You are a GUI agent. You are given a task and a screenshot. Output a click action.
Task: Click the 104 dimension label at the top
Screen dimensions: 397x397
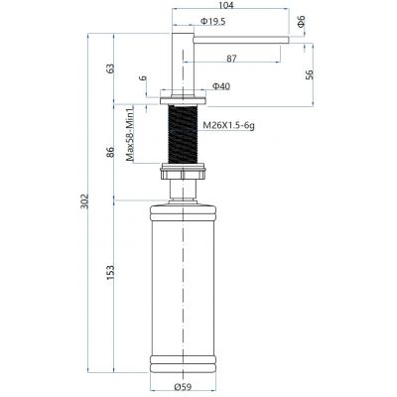226,5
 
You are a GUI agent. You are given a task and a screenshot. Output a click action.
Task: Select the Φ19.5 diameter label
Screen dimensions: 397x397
213,22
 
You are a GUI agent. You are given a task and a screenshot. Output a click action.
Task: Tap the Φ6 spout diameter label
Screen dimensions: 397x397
302,21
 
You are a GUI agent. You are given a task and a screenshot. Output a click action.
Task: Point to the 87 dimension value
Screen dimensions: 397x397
231,59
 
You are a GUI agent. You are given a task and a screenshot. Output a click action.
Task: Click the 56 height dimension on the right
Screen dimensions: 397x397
310,74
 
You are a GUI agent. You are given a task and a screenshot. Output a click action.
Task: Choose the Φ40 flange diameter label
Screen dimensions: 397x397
221,86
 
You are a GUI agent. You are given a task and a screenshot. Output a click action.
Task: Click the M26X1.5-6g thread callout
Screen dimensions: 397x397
228,126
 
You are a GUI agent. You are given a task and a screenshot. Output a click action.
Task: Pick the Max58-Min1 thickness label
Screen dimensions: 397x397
130,133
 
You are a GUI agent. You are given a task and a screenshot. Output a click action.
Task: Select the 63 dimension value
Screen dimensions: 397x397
110,68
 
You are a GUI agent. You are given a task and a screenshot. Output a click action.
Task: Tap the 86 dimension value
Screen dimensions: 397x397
110,152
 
